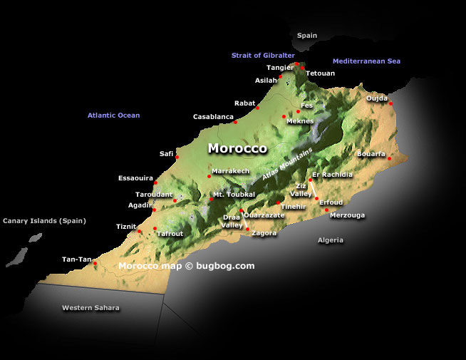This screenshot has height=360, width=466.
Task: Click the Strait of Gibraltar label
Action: (262, 56)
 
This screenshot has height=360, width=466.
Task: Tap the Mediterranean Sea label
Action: (366, 61)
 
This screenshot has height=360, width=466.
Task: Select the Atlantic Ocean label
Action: (113, 115)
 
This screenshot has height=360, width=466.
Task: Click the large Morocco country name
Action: (237, 149)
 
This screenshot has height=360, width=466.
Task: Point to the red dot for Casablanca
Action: (236, 122)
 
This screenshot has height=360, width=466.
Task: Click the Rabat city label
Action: (244, 103)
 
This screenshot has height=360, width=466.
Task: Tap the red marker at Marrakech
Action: (209, 176)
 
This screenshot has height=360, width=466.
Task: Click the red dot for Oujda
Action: (391, 103)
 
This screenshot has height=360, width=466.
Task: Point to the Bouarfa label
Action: (371, 154)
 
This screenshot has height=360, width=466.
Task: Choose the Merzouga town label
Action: (348, 215)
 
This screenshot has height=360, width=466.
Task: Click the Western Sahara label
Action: (90, 308)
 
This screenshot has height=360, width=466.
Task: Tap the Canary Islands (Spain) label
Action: (44, 221)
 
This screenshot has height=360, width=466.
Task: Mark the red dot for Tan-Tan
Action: (95, 263)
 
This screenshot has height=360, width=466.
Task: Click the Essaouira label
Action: (135, 178)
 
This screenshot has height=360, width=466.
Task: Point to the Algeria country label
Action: (330, 240)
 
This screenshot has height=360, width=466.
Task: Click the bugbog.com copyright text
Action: (186, 266)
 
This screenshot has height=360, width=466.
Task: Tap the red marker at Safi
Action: (177, 158)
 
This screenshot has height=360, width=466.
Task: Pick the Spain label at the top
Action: (307, 35)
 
